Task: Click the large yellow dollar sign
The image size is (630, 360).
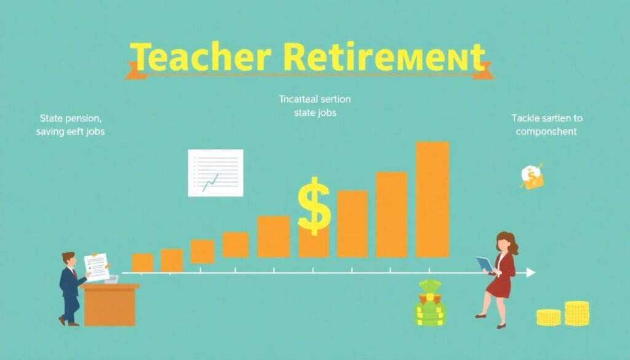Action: pyautogui.click(x=313, y=206)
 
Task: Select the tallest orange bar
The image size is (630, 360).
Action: pyautogui.click(x=432, y=199)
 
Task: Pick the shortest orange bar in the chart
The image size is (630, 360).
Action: pyautogui.click(x=143, y=263)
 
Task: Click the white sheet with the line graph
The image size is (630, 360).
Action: pyautogui.click(x=215, y=172)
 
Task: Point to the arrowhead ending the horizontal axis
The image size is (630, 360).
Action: pyautogui.click(x=530, y=272)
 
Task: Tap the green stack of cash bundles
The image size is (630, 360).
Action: pyautogui.click(x=431, y=304)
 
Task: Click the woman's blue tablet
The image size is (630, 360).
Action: pyautogui.click(x=485, y=264)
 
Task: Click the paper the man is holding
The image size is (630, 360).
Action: pyautogui.click(x=97, y=266)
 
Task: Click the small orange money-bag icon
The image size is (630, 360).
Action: pyautogui.click(x=531, y=177)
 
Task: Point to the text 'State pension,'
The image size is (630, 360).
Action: pyautogui.click(x=71, y=118)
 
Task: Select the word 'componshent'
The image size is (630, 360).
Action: pyautogui.click(x=546, y=132)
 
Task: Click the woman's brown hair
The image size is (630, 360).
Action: pyautogui.click(x=508, y=241)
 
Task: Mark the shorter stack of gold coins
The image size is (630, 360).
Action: pyautogui.click(x=548, y=318)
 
